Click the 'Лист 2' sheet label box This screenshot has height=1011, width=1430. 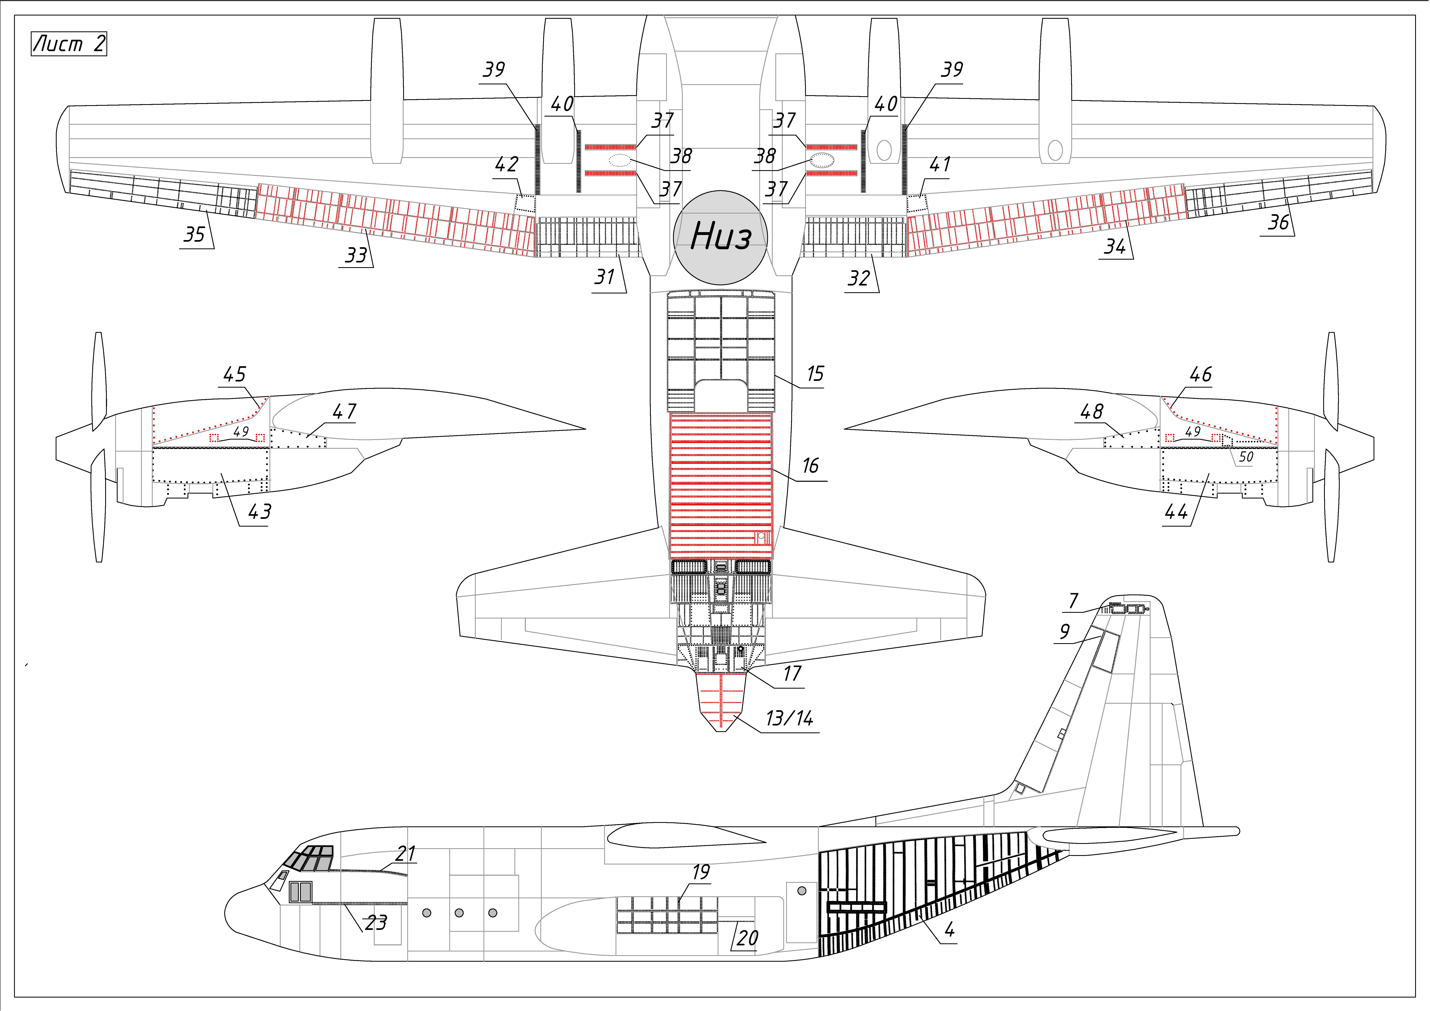68,44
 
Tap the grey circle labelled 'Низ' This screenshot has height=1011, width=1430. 721,237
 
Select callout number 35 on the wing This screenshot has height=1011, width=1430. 194,235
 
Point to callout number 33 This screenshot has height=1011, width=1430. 356,255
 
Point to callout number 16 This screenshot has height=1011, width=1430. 810,466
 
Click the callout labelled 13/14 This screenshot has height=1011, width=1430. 789,719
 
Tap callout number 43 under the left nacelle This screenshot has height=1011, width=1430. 260,512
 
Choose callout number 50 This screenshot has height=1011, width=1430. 1246,457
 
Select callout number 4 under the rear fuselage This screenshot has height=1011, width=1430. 949,931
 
